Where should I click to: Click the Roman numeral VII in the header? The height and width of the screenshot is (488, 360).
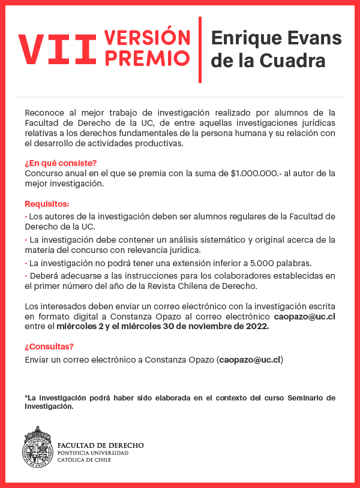56,49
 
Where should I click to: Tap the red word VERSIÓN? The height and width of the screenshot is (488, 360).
146,38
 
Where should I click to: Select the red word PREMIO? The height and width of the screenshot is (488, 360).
146,58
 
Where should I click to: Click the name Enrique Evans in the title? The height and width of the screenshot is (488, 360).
276,38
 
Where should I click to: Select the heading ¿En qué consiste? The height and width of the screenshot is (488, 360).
61,163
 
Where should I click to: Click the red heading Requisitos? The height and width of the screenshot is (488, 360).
47,204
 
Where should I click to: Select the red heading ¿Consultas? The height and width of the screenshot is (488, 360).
49,347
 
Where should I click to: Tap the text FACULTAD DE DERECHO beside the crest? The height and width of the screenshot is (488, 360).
100,445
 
